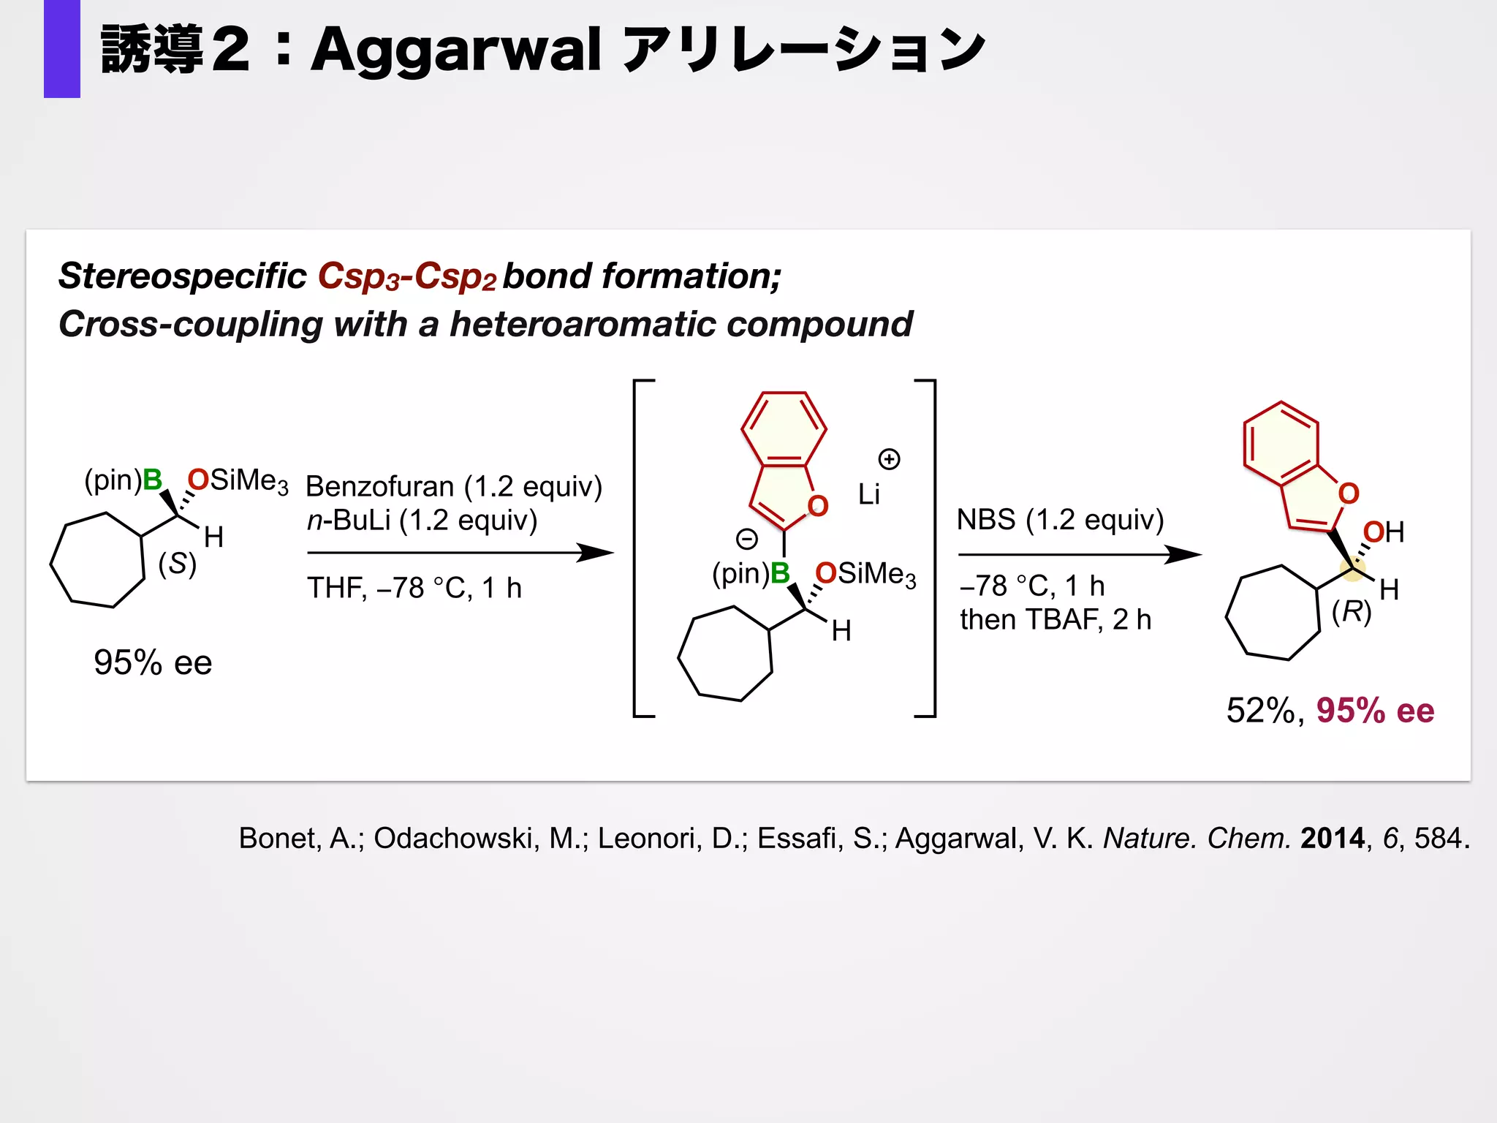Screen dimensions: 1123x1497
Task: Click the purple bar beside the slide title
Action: (x=61, y=48)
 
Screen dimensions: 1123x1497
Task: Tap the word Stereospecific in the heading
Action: (x=182, y=276)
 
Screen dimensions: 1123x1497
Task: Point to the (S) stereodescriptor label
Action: (x=178, y=564)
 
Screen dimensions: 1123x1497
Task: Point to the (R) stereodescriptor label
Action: (x=1352, y=611)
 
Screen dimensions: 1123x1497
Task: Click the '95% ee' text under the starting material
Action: (x=153, y=662)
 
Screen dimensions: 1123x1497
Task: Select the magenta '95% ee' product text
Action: (x=1375, y=711)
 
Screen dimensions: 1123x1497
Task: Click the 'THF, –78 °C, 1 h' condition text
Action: (x=414, y=588)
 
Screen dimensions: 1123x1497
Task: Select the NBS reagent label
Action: (x=986, y=520)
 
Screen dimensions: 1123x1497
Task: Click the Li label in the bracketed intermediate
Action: (x=868, y=495)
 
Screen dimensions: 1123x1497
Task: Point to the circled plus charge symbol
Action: (x=889, y=459)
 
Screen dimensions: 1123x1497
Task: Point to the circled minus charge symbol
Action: (x=746, y=540)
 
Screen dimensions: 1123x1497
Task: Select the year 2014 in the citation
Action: (x=1332, y=838)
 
